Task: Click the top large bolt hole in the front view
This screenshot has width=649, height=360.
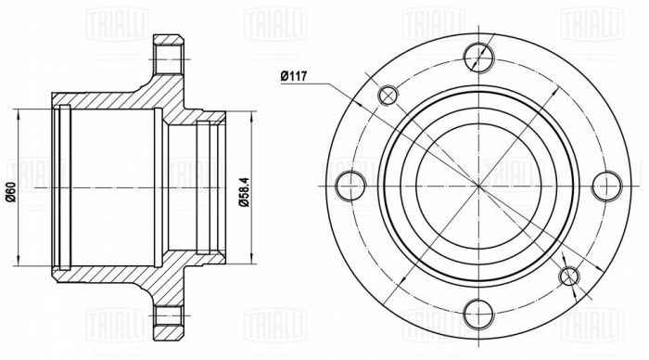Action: click(x=478, y=56)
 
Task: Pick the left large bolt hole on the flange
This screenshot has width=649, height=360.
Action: click(x=350, y=186)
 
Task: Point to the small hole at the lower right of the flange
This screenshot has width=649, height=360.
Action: click(x=570, y=276)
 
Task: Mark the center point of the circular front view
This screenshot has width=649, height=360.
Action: click(x=478, y=186)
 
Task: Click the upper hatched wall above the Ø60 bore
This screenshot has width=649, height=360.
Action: click(x=102, y=98)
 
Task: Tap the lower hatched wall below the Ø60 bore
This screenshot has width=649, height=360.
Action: click(x=102, y=274)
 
